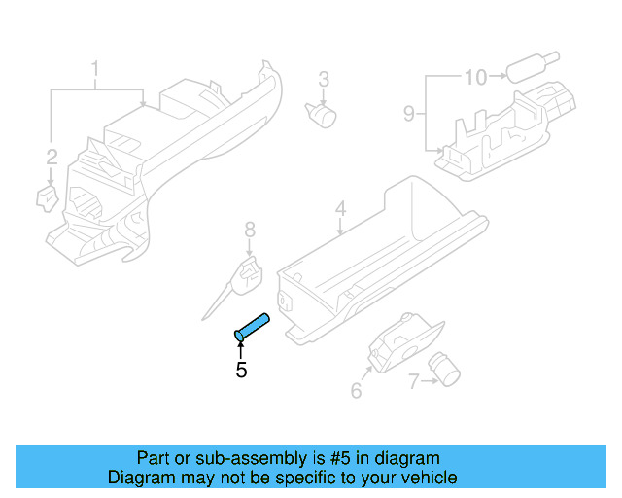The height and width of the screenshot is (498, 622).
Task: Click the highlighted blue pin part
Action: [253, 326]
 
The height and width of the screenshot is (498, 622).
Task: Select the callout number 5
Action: [241, 371]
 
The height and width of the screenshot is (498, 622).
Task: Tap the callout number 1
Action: [95, 69]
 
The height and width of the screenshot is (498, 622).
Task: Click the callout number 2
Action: [52, 156]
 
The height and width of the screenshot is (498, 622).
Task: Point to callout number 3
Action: [324, 79]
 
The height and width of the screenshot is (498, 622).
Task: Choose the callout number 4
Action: [340, 209]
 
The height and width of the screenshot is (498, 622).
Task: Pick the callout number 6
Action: [356, 391]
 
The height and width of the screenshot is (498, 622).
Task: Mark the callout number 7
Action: [413, 382]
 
